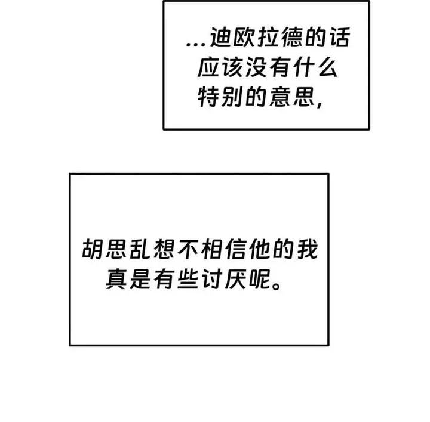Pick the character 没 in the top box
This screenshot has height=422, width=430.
256,67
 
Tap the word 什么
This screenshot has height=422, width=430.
315,67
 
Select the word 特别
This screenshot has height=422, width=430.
220,97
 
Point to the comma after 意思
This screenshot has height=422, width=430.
320,104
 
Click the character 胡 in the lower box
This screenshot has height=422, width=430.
93,249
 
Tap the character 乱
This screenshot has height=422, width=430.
140,249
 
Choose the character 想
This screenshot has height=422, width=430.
164,249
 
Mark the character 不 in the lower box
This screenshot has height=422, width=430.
188,249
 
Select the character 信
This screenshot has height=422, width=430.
235,249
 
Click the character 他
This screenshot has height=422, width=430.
259,249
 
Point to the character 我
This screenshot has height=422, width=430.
307,249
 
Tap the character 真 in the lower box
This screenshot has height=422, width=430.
116,279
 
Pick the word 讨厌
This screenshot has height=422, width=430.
223,279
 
